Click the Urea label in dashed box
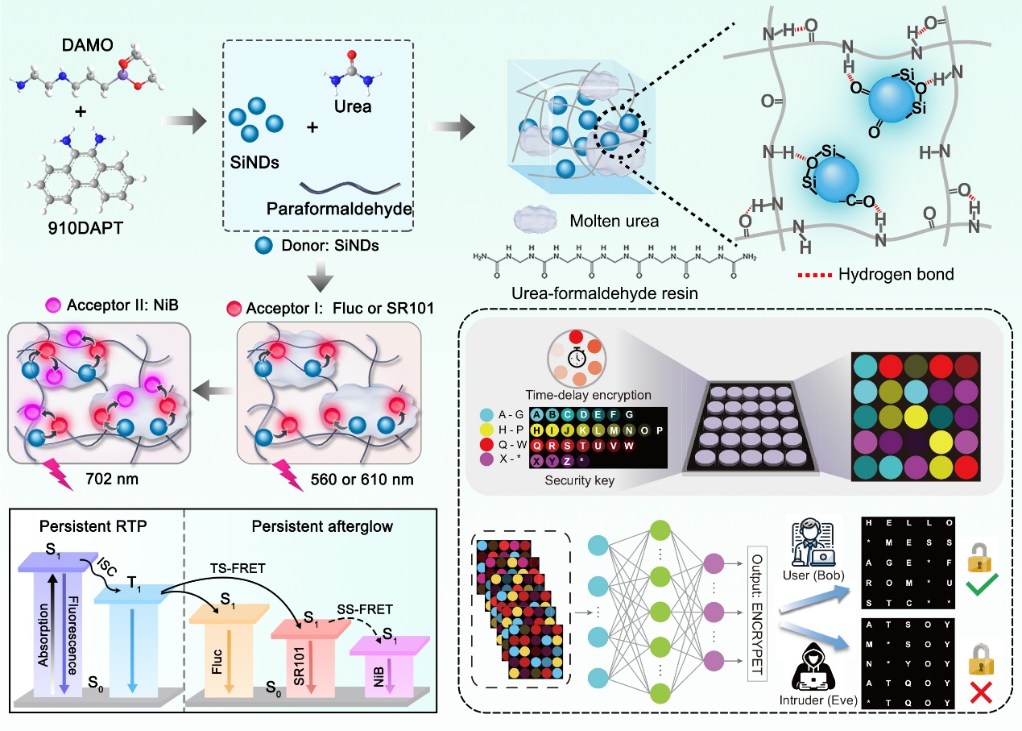click(x=350, y=106)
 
